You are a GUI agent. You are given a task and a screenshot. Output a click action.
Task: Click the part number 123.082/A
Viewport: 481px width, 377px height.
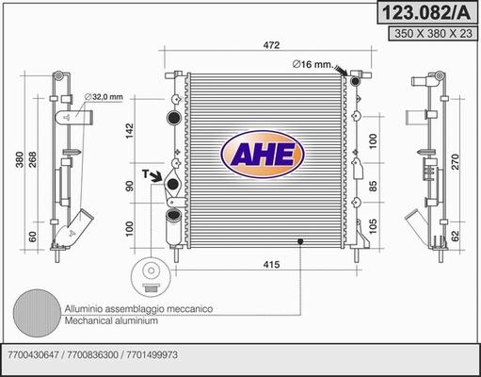(425, 12)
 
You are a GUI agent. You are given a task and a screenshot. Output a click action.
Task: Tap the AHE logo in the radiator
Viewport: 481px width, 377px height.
(261, 153)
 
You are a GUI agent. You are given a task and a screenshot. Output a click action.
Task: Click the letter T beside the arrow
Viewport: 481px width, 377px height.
(146, 173)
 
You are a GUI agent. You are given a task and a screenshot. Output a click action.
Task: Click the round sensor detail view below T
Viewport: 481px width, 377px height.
(148, 273)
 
